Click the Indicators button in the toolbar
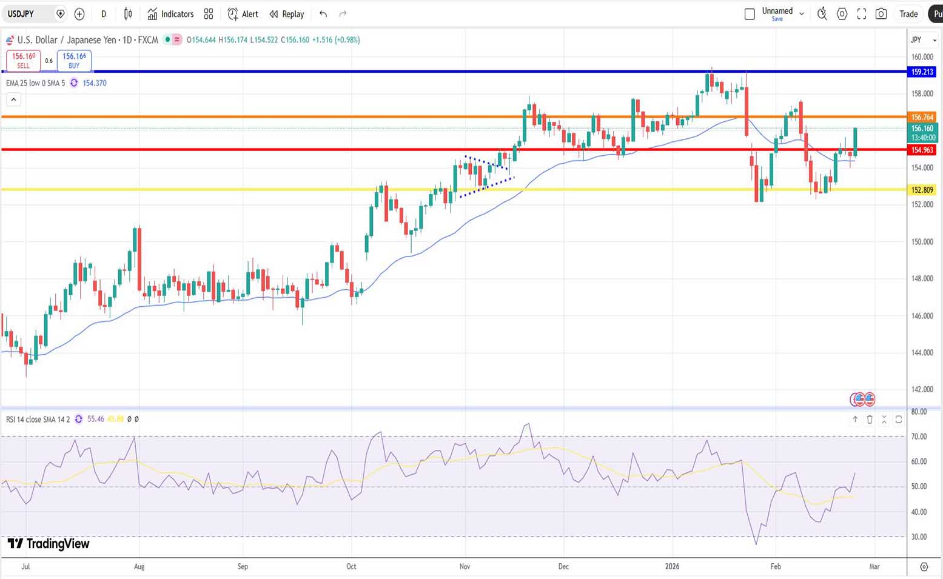pyautogui.click(x=170, y=14)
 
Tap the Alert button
pyautogui.click(x=243, y=14)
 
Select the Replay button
pyautogui.click(x=287, y=14)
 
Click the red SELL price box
pyautogui.click(x=24, y=60)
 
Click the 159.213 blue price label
pyautogui.click(x=922, y=72)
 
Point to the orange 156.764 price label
pyautogui.click(x=922, y=117)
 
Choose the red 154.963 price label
pyautogui.click(x=922, y=150)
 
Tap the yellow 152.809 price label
pyautogui.click(x=922, y=190)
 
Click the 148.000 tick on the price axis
pyautogui.click(x=922, y=279)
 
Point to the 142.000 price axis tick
pyautogui.click(x=922, y=389)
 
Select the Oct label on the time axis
pyautogui.click(x=351, y=566)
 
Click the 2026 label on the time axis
pyautogui.click(x=672, y=566)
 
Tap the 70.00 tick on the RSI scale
pyautogui.click(x=919, y=437)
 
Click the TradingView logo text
pyautogui.click(x=49, y=544)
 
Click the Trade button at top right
pyautogui.click(x=908, y=14)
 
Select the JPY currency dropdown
pyautogui.click(x=923, y=40)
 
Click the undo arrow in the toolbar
pyautogui.click(x=323, y=14)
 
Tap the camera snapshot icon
pyautogui.click(x=881, y=14)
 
